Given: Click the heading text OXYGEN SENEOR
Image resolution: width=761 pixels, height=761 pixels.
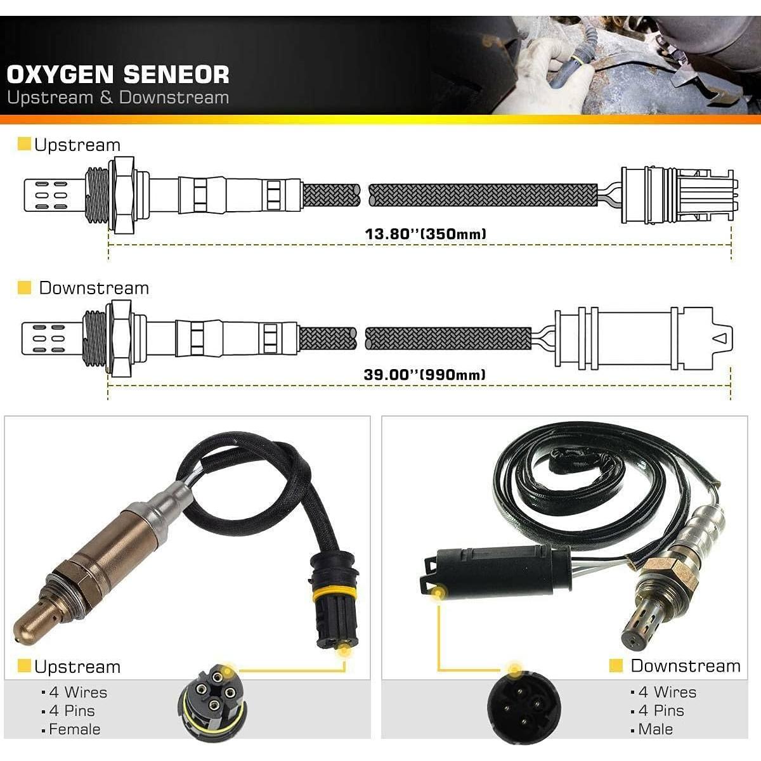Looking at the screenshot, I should pos(118,74).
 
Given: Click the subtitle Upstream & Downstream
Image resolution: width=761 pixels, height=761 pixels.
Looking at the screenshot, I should pos(118,98).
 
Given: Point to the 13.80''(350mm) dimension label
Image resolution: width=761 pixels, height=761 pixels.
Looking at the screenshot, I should pos(425,233).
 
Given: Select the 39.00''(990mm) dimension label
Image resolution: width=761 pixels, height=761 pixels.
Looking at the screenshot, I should pos(425,374).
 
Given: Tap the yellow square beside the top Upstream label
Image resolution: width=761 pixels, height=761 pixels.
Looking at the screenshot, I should pos(24,145).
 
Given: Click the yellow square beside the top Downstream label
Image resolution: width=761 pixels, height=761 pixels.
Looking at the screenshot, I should pos(24,288).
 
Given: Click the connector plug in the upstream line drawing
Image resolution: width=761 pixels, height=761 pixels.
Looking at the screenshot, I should pos(676,195).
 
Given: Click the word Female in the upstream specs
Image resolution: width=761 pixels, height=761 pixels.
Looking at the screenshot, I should pos(74,729).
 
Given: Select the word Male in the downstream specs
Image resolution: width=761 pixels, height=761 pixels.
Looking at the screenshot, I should pos(655,729).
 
